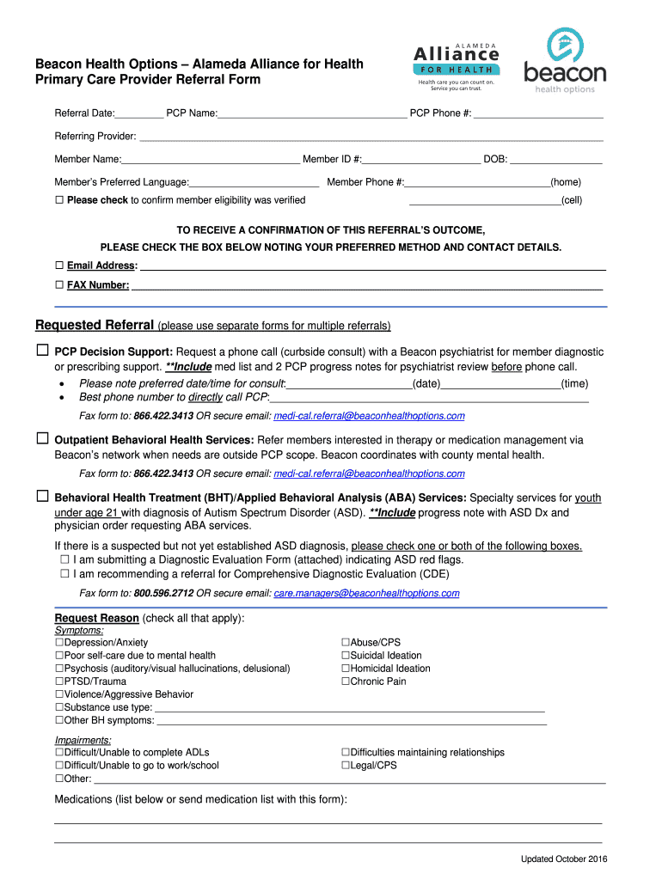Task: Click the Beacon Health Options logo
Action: click(x=565, y=61)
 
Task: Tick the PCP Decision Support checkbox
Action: click(x=42, y=351)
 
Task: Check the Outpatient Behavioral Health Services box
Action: click(x=42, y=439)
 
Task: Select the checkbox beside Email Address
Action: click(x=59, y=266)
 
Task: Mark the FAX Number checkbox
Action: click(x=59, y=284)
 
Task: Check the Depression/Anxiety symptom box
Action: click(x=59, y=643)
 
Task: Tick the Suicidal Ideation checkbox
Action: click(x=346, y=656)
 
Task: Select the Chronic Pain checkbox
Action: click(x=346, y=681)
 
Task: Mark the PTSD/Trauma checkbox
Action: click(x=59, y=681)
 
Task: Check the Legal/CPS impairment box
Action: click(x=346, y=766)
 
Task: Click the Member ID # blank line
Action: click(x=421, y=160)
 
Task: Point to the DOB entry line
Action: click(x=556, y=160)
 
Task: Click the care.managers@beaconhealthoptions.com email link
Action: click(x=366, y=594)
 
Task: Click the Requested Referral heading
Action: click(x=95, y=326)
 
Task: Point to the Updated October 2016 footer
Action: click(x=564, y=859)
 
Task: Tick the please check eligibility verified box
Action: click(x=59, y=200)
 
